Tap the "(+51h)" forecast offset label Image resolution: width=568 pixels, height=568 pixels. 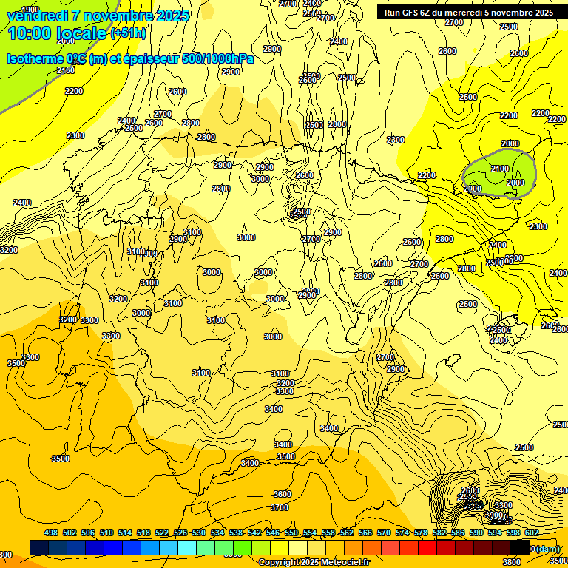coord(128,33)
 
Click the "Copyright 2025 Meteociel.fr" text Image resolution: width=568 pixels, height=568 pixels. coord(314,562)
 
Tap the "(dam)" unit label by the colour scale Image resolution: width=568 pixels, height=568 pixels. coord(548,548)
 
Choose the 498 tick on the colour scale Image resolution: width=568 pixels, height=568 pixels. coord(51,532)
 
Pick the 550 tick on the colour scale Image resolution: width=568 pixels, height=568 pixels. coord(291,532)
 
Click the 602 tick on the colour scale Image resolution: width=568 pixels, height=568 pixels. coord(532,532)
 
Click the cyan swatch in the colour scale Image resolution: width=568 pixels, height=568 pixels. coord(187,547)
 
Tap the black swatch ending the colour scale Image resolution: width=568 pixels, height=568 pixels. coord(520,547)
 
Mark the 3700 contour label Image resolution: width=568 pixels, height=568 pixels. coord(280,507)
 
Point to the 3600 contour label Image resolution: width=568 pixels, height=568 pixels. coord(282,494)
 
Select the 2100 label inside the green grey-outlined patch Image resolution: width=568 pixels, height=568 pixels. coord(500,169)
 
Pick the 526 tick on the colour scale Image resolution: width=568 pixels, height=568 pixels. coord(180,532)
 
